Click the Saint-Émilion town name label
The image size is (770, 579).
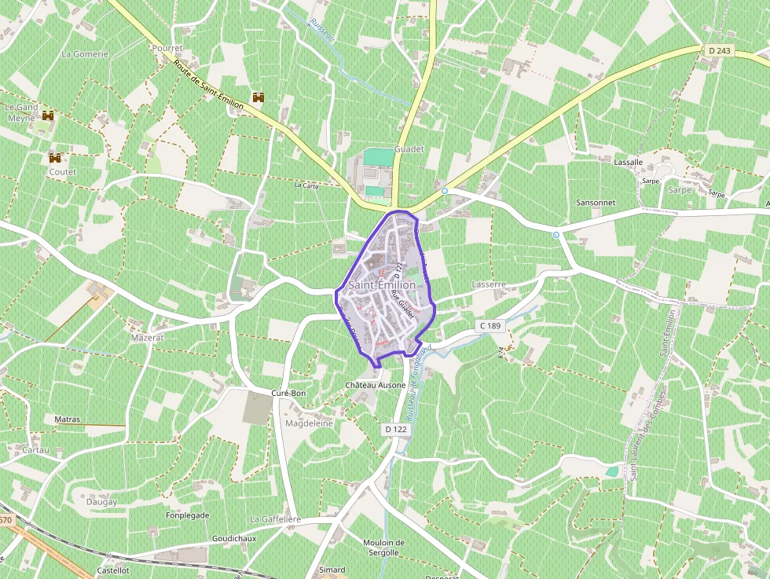pyautogui.click(x=381, y=284)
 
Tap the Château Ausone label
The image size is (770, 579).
pyautogui.click(x=376, y=385)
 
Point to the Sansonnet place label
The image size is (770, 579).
pyautogui.click(x=596, y=203)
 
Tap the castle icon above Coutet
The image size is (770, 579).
pyautogui.click(x=55, y=157)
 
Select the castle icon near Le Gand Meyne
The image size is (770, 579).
pyautogui.click(x=49, y=115)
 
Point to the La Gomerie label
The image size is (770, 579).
pyautogui.click(x=85, y=54)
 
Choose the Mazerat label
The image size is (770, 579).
pyautogui.click(x=148, y=336)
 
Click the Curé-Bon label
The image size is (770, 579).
pyautogui.click(x=287, y=393)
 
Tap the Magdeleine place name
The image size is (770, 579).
pyautogui.click(x=309, y=423)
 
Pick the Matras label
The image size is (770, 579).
pyautogui.click(x=68, y=420)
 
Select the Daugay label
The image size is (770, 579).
pyautogui.click(x=101, y=501)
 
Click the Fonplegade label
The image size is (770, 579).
pyautogui.click(x=187, y=515)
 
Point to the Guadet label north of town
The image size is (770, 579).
pyautogui.click(x=409, y=148)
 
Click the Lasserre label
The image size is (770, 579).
pyautogui.click(x=489, y=284)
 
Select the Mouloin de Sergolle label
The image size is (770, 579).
pyautogui.click(x=383, y=547)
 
